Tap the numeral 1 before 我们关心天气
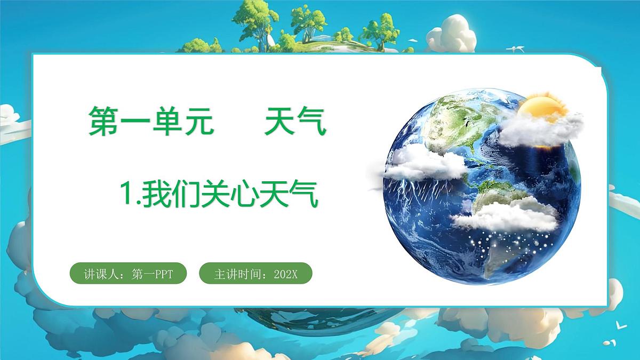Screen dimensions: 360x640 tap(127, 194)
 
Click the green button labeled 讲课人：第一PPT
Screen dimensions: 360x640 tap(129, 275)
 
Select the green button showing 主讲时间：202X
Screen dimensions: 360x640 tap(255, 275)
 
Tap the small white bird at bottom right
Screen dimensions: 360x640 tap(619, 324)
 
